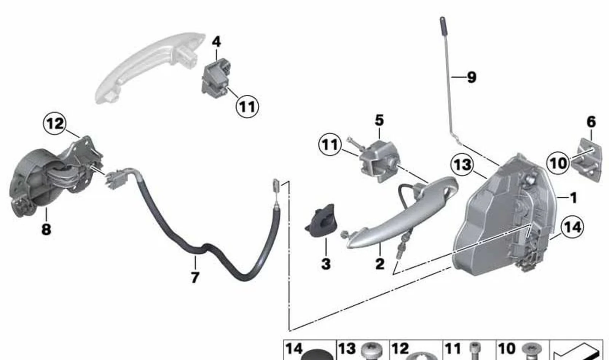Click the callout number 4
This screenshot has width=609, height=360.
coord(216,42)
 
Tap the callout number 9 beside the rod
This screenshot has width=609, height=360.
coord(472,77)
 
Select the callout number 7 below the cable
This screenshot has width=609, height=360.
coord(195,278)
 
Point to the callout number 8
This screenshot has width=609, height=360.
coord(46,229)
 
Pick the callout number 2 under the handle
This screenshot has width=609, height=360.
coord(380,264)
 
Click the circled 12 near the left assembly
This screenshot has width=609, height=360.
coord(55,124)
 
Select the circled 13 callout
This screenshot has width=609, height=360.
coord(462,165)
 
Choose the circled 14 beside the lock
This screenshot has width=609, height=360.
coord(572,227)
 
